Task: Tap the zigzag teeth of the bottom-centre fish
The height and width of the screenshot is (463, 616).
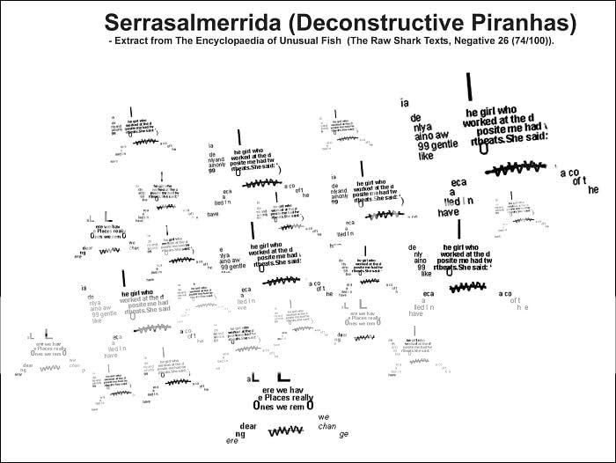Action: tap(285, 431)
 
